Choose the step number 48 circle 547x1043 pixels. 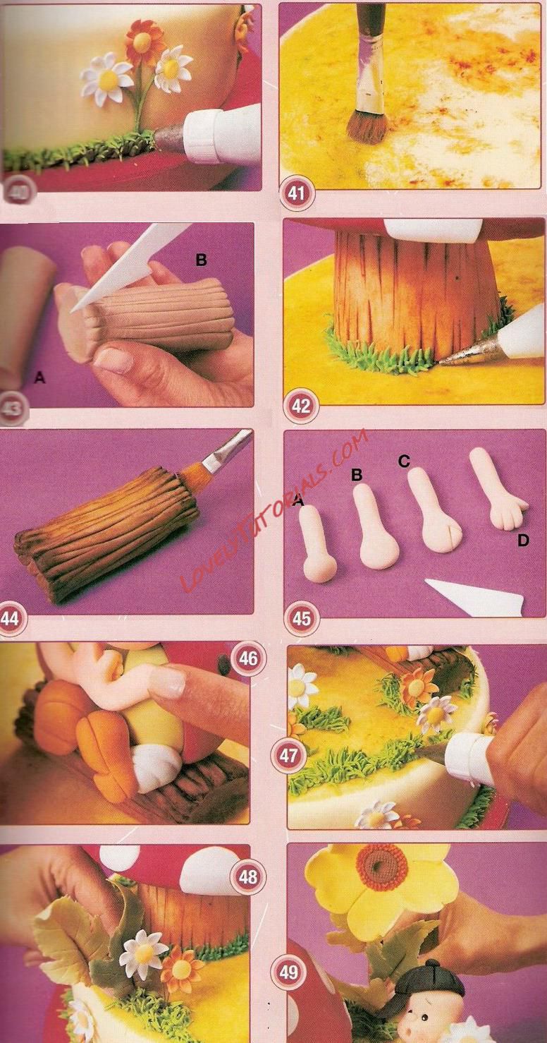[247, 876]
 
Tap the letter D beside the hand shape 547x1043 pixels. [523, 541]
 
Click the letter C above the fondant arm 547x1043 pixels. [404, 461]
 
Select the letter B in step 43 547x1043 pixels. [201, 260]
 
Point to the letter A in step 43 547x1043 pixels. [40, 378]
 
